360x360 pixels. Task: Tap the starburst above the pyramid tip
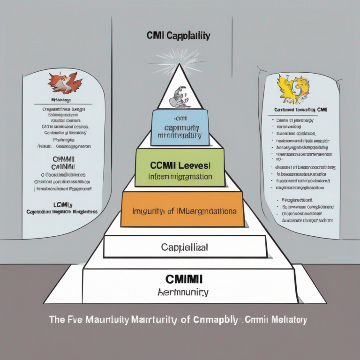click(x=180, y=60)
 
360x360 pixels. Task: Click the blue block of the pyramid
click(x=180, y=127)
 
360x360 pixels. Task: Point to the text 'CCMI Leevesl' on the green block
click(x=180, y=166)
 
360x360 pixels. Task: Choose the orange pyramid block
click(x=182, y=210)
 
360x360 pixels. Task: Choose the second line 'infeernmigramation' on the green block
click(x=180, y=177)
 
